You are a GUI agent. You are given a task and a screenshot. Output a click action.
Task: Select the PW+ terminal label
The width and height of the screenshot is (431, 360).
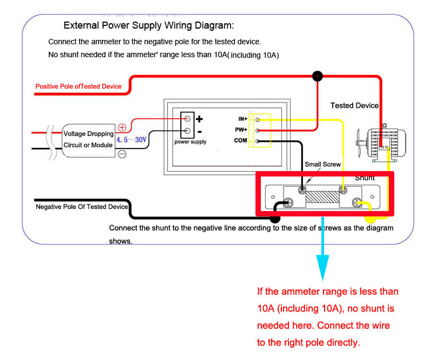click(240, 130)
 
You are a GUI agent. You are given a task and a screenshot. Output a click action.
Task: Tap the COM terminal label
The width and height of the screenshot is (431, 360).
click(240, 141)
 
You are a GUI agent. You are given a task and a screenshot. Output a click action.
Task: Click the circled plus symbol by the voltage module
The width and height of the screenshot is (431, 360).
click(122, 128)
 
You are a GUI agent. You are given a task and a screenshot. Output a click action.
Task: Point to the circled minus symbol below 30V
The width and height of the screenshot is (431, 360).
click(122, 154)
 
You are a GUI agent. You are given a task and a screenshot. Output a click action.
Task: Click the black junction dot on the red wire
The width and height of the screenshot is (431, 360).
click(318, 76)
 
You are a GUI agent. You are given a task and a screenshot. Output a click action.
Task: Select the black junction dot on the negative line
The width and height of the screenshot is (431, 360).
click(275, 219)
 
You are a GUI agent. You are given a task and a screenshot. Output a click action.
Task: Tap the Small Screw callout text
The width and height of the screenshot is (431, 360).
click(323, 164)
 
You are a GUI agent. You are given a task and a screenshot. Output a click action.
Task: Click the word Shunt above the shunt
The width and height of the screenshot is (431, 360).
click(365, 178)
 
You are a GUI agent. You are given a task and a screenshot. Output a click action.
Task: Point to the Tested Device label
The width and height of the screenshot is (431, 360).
click(354, 105)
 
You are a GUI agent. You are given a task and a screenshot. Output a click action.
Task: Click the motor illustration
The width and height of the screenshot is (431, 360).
click(380, 143)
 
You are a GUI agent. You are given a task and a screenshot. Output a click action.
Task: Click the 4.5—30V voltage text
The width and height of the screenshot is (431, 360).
click(131, 139)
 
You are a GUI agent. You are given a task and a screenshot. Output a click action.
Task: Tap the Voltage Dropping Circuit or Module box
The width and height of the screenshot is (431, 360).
click(89, 139)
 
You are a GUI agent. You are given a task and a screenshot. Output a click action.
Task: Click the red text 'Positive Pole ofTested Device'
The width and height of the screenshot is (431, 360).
click(78, 86)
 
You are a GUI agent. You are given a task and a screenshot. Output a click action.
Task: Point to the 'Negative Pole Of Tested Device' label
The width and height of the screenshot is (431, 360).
click(82, 207)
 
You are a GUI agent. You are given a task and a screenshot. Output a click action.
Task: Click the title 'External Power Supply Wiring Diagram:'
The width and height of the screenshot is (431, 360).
click(149, 25)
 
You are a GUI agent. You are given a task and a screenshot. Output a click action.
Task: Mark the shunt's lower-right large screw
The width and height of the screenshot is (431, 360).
click(356, 203)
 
